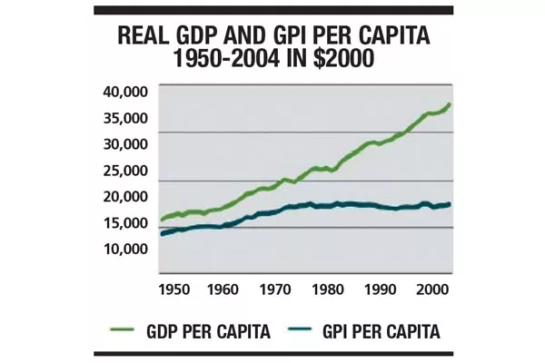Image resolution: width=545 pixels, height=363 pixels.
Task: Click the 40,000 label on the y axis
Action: [123, 92]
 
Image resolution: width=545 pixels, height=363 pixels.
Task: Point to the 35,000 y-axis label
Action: [123, 118]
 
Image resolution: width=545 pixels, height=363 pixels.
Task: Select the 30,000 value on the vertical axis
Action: [123, 143]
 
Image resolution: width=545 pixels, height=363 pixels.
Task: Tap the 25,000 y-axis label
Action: [123, 170]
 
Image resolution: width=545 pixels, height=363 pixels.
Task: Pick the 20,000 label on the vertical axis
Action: [123, 196]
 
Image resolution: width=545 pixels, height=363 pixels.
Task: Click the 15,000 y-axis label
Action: [123, 222]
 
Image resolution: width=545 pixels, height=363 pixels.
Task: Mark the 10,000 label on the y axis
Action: [123, 248]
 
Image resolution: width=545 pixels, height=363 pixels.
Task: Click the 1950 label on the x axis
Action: [173, 289]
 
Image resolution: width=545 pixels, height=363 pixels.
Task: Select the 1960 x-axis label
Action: [223, 289]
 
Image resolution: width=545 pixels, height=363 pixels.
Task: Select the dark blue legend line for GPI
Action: [301, 332]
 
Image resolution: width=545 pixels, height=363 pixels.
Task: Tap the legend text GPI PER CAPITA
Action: [381, 332]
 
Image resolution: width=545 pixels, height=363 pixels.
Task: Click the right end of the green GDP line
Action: [450, 105]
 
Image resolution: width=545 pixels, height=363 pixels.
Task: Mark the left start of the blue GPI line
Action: [162, 234]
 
